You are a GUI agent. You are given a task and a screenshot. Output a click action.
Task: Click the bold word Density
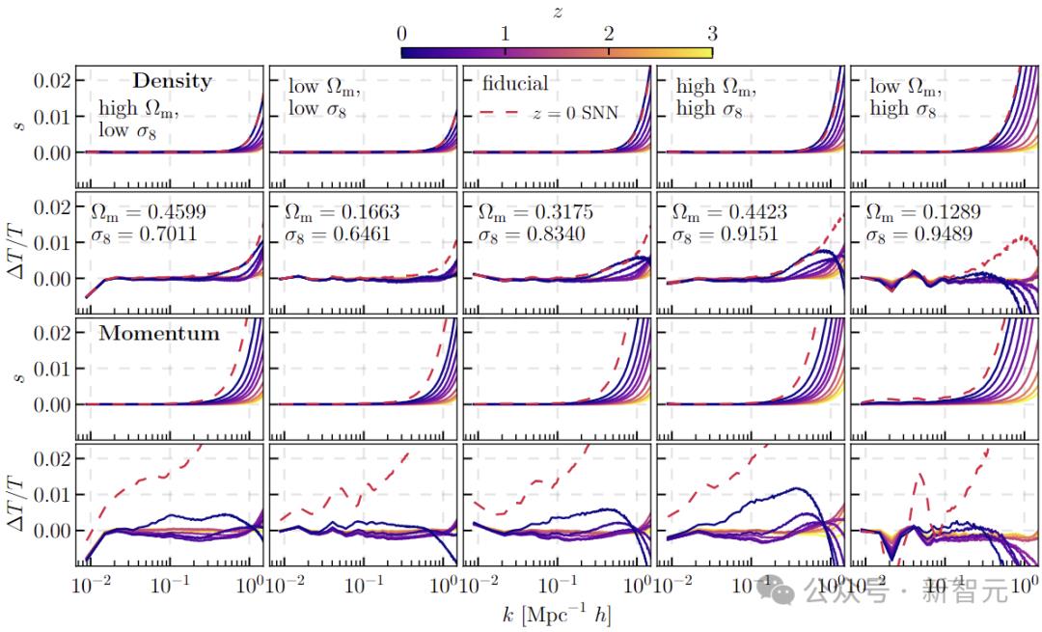tap(172, 81)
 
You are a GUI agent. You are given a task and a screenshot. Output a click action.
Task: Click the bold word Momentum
tap(159, 334)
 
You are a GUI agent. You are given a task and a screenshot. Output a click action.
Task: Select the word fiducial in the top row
tap(515, 84)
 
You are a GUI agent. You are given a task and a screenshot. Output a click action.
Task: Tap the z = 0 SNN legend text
tap(574, 114)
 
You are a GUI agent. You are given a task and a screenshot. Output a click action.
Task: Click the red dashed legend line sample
tap(498, 114)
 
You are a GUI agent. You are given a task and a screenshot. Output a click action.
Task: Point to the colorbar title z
tap(557, 11)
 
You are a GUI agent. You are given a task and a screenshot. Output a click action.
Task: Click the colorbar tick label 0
tap(401, 33)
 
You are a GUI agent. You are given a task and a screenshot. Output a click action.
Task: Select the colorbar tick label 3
tap(712, 33)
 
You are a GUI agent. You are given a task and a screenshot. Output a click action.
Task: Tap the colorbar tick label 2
tap(609, 33)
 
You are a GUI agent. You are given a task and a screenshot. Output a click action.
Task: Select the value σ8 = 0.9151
tap(718, 234)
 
